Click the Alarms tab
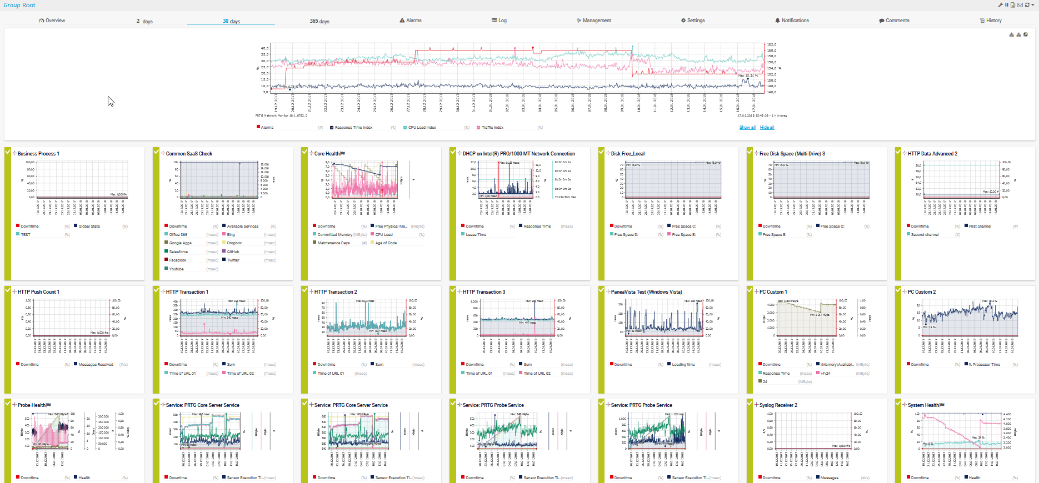point(411,21)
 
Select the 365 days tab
point(319,21)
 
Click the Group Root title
point(19,5)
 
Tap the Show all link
point(747,128)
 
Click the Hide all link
point(767,128)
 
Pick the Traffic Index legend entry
point(492,128)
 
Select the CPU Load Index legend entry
point(422,128)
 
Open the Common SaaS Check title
point(189,154)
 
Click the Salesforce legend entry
point(178,252)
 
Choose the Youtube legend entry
point(176,269)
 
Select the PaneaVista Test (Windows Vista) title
point(646,292)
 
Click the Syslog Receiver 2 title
point(778,405)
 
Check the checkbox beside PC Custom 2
point(898,290)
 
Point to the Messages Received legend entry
point(96,365)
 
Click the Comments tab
point(894,21)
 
